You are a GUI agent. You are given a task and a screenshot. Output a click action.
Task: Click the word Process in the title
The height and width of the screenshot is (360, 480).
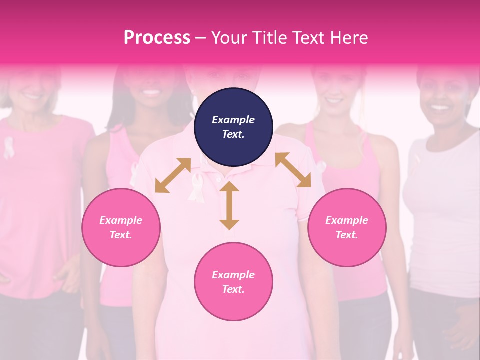157,38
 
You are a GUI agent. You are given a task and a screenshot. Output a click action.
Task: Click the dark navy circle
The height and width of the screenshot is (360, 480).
233,127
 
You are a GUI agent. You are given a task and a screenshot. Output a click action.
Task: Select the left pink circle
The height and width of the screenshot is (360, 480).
121,227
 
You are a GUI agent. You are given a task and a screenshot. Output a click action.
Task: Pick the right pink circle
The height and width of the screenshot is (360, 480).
347,227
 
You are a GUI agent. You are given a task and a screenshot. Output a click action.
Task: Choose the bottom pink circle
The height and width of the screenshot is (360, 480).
233,282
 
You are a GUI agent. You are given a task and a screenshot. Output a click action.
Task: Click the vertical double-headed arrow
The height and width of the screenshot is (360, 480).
229,205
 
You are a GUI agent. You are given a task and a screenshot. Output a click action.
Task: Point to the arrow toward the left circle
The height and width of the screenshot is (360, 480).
173,175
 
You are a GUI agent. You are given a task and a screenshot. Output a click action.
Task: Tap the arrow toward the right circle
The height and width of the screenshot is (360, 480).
293,170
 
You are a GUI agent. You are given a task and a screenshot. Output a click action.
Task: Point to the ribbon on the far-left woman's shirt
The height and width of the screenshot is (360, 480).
9,147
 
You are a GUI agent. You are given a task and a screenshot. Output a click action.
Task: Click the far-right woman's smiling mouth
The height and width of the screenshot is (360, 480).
440,106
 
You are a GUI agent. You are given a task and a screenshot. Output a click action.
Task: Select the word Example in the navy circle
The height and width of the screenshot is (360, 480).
233,120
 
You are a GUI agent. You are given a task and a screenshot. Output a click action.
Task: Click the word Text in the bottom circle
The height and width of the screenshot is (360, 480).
232,289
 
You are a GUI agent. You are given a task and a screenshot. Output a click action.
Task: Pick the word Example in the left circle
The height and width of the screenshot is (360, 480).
121,220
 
